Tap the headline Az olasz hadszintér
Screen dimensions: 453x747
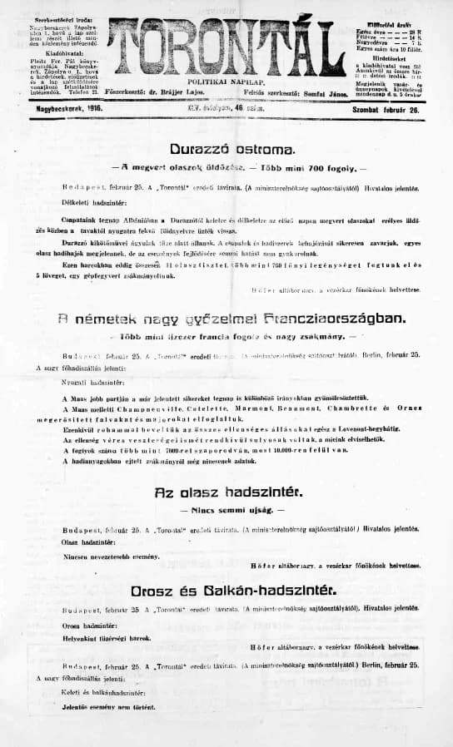(226, 492)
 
